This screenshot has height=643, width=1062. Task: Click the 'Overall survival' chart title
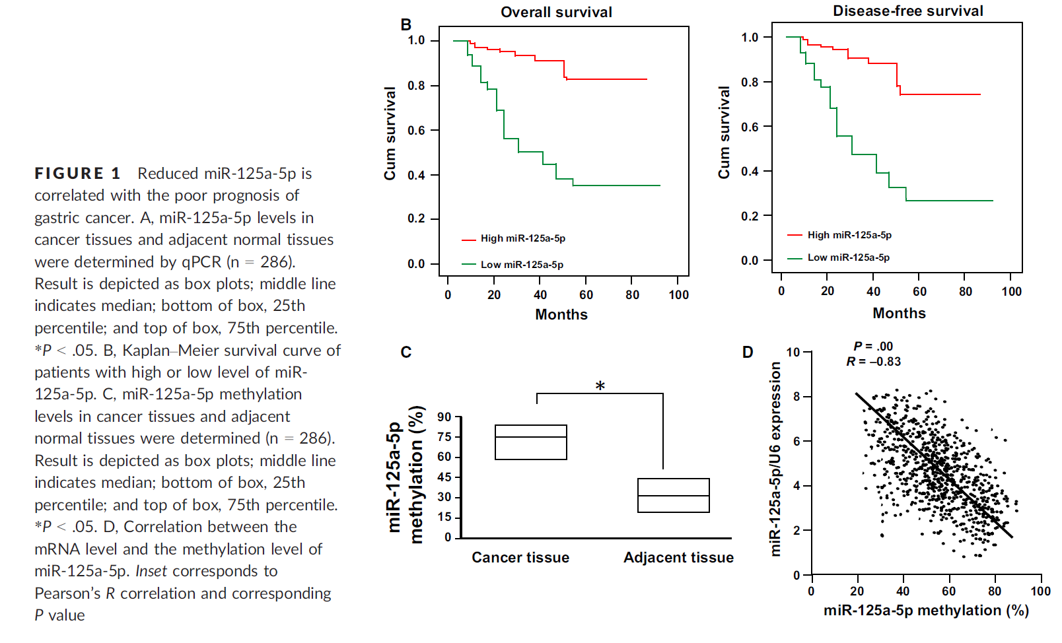point(556,12)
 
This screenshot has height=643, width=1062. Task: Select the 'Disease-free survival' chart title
point(907,11)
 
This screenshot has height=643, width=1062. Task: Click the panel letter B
point(406,25)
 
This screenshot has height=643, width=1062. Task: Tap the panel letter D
point(748,352)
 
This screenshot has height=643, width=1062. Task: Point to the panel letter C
point(406,353)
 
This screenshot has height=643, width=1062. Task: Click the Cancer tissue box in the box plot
point(530,442)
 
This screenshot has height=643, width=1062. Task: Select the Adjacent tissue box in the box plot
point(673,495)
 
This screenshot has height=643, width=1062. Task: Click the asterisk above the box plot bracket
point(600,386)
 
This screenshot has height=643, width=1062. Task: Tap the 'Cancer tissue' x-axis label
point(520,558)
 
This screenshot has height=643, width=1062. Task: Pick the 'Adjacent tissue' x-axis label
point(678,558)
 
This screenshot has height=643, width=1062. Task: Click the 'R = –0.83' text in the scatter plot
point(873,362)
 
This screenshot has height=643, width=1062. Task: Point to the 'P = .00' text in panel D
point(873,347)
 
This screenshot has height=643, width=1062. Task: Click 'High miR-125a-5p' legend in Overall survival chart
point(522,238)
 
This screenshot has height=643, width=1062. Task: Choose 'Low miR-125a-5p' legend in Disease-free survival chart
point(848,257)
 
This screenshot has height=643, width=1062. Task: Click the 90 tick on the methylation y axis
point(444,417)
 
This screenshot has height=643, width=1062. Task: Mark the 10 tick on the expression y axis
point(793,352)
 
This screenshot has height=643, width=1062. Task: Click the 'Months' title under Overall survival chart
point(561,314)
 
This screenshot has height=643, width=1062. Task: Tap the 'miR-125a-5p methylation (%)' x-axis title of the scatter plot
point(926,611)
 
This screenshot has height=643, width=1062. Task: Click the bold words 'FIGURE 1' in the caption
point(77,174)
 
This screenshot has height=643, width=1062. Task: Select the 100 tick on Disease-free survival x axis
point(1011,291)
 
